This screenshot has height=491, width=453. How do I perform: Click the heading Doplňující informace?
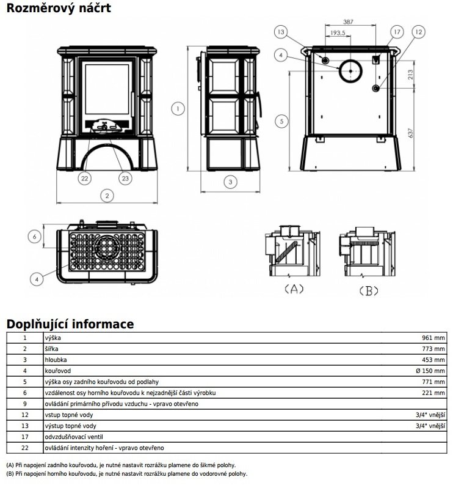[70, 323]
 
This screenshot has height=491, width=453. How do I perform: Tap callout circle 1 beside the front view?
[177, 109]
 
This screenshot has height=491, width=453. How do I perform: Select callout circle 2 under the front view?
[107, 196]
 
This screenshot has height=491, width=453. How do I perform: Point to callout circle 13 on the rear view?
[280, 32]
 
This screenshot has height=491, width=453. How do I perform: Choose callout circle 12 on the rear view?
[418, 32]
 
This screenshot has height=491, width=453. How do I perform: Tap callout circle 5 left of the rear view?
[280, 121]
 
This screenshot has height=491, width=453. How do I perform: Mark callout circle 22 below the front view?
[85, 179]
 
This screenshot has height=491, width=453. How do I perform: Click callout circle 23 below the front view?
[125, 179]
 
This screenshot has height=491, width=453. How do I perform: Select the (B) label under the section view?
[368, 290]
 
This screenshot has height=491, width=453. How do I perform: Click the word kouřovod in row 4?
[57, 371]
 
